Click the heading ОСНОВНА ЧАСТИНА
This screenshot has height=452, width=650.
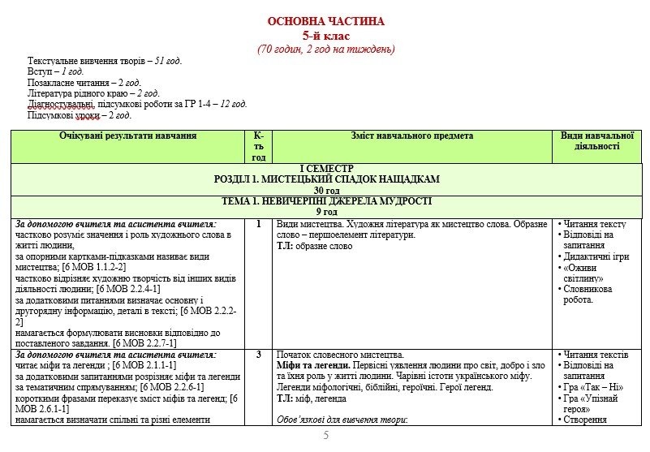(x=326, y=21)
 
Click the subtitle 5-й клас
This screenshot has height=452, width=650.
(x=326, y=35)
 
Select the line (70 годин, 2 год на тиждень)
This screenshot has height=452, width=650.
(x=326, y=49)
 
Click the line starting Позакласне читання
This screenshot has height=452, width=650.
(x=84, y=83)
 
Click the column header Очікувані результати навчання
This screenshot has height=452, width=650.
(x=128, y=136)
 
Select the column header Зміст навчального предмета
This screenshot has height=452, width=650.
(x=412, y=136)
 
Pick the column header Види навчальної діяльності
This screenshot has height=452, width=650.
(x=596, y=140)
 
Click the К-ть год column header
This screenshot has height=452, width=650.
(x=258, y=146)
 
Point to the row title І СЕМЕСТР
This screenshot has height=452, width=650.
(x=326, y=168)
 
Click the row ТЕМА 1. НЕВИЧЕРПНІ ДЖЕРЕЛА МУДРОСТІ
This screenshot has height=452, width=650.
(x=326, y=200)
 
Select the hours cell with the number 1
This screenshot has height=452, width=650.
(x=258, y=224)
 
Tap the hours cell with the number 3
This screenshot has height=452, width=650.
(x=258, y=355)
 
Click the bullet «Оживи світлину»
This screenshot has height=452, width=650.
(x=588, y=273)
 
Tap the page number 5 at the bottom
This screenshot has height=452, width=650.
(x=325, y=436)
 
